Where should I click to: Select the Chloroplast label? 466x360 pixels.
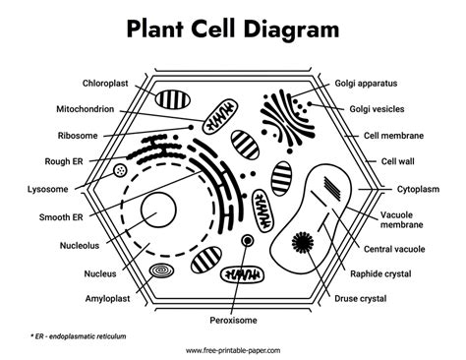[101, 85]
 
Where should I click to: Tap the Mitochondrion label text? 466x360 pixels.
[95, 110]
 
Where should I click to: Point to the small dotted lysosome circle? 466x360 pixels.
[120, 170]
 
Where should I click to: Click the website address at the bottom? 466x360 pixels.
[232, 350]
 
